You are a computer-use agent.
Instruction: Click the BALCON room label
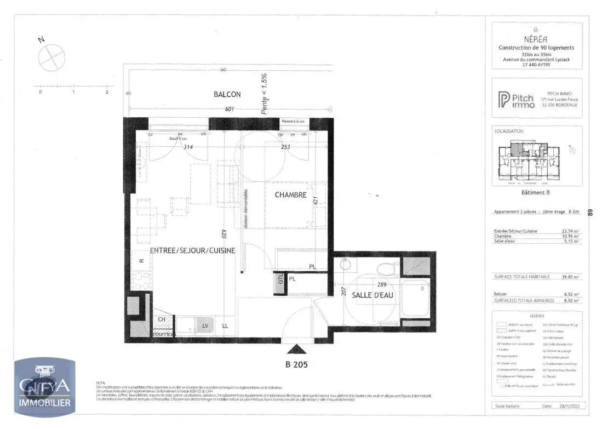pyautogui.click(x=227, y=94)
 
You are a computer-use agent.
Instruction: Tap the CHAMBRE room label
pyautogui.click(x=290, y=195)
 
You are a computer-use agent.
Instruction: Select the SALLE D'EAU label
pyautogui.click(x=374, y=295)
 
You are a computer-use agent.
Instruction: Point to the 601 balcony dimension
pyautogui.click(x=230, y=109)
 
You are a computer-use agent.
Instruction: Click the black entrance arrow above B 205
pyautogui.click(x=297, y=349)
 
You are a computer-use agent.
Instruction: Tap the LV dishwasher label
pyautogui.click(x=205, y=326)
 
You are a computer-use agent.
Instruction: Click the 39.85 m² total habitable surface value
pyautogui.click(x=570, y=277)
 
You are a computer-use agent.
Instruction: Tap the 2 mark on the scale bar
pyautogui.click(x=107, y=92)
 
